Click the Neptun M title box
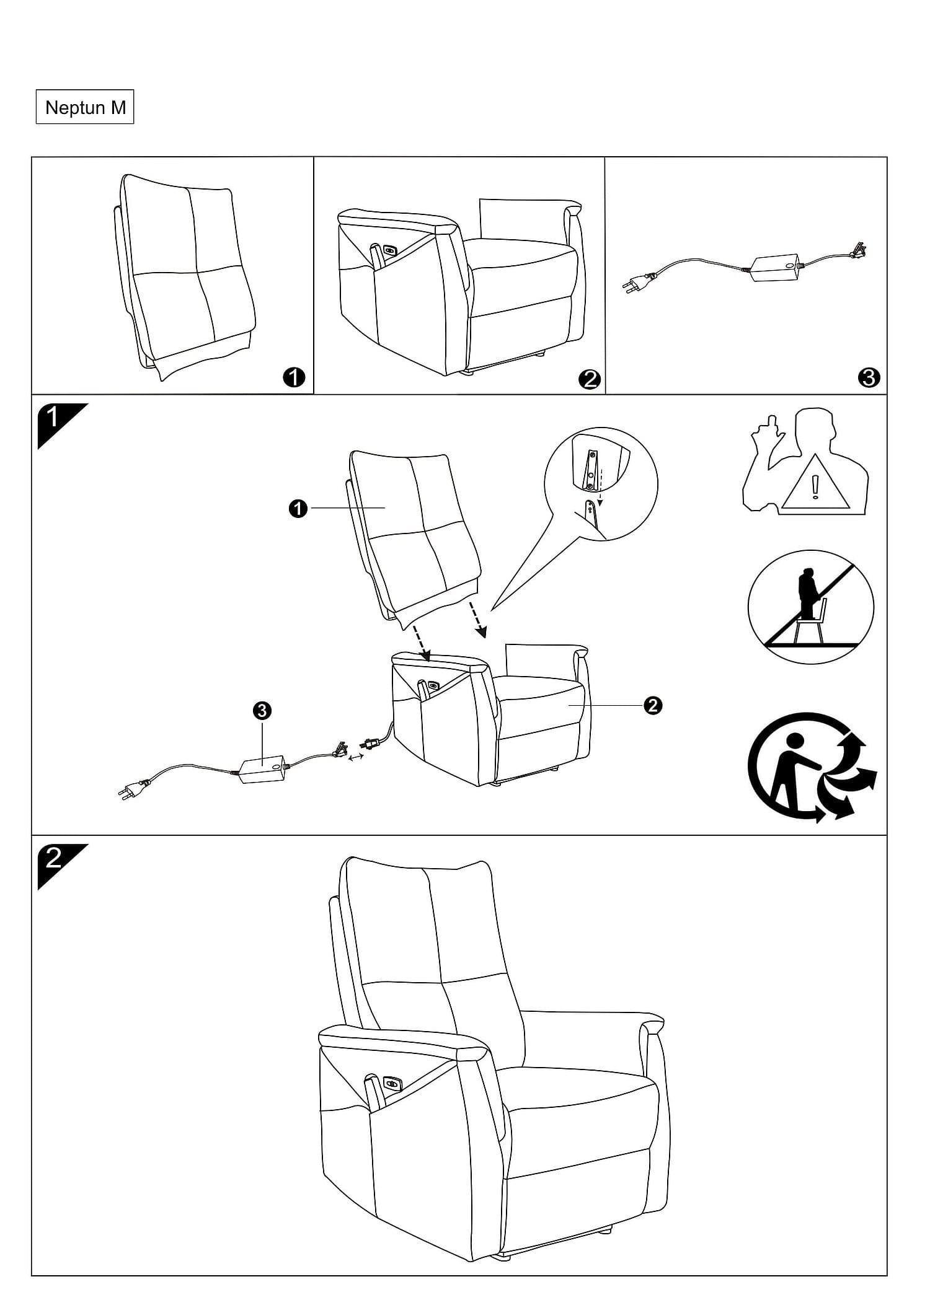[x=85, y=108]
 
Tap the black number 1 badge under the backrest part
[x=294, y=377]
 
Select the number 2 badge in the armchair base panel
[x=589, y=378]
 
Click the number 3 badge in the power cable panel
[x=869, y=377]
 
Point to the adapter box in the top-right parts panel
[x=775, y=268]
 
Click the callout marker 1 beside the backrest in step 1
[x=298, y=509]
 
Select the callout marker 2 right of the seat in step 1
[x=653, y=705]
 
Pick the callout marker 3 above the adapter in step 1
[x=263, y=711]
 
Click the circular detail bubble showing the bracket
[x=601, y=484]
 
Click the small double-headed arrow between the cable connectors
[x=356, y=757]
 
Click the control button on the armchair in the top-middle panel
[x=391, y=250]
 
